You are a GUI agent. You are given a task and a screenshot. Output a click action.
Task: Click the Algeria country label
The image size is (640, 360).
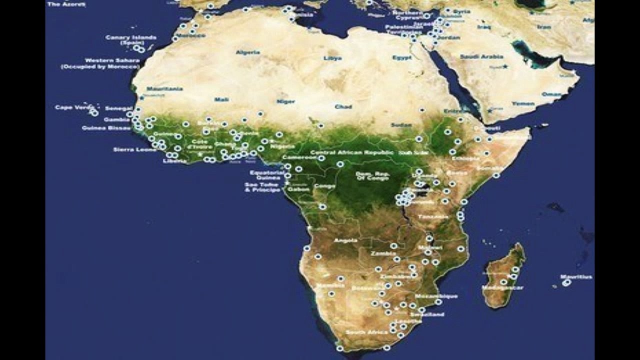(248, 52)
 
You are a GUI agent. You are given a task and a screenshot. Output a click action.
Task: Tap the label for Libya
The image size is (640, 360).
(333, 58)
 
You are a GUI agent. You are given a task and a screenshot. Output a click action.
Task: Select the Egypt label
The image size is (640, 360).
(402, 57)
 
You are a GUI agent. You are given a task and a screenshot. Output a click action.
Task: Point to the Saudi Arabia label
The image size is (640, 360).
(481, 56)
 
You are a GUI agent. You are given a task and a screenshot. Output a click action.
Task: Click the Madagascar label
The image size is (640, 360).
(502, 287)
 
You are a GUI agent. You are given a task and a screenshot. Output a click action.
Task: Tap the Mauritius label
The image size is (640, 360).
(576, 276)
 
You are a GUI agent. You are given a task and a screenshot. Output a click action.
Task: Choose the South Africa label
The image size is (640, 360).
(367, 332)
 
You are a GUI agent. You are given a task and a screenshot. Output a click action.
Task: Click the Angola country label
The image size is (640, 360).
(345, 240)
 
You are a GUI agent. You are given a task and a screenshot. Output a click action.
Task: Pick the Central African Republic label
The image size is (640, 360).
(349, 152)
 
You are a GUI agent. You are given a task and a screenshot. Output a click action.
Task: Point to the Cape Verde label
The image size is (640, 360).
(71, 107)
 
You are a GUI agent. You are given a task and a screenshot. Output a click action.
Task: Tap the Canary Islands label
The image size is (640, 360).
(131, 39)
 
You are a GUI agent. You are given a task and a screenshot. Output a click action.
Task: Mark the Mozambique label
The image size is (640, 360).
(436, 296)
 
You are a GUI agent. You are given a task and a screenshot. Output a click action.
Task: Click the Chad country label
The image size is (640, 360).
(343, 106)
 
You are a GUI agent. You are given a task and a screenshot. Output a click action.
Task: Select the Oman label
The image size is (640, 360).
(551, 94)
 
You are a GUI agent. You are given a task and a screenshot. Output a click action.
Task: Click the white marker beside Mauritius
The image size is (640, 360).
(566, 283)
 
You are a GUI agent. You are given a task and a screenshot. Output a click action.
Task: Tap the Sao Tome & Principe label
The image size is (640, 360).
(262, 187)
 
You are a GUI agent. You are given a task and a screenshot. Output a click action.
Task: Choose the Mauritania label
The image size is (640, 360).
(164, 89)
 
